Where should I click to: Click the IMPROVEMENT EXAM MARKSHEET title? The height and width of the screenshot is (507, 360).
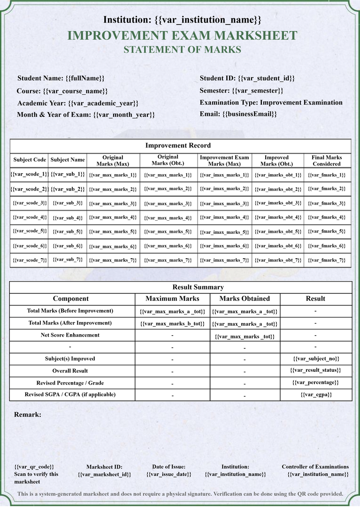tap(182, 36)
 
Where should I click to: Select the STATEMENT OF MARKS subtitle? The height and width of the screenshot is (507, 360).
tap(182, 50)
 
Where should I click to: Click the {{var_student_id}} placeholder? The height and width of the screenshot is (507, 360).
tap(266, 78)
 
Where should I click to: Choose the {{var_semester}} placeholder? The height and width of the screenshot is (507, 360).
tap(258, 91)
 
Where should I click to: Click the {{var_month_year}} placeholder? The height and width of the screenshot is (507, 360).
tap(124, 115)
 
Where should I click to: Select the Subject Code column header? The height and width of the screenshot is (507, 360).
tap(30, 160)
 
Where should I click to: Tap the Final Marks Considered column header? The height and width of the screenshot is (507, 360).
tap(327, 161)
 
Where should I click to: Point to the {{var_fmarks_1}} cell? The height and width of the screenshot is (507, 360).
tap(327, 175)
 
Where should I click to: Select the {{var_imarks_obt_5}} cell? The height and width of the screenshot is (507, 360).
tap(278, 231)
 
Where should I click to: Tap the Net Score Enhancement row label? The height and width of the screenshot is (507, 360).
tap(70, 335)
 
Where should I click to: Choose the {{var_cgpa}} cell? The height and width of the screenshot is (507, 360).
tap(316, 395)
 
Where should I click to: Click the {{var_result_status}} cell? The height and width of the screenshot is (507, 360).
tap(316, 370)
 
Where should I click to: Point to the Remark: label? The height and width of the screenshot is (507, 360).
tap(28, 415)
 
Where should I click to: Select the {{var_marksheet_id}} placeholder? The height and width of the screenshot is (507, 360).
tap(104, 475)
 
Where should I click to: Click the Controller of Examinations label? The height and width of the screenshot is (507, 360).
tap(315, 467)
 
